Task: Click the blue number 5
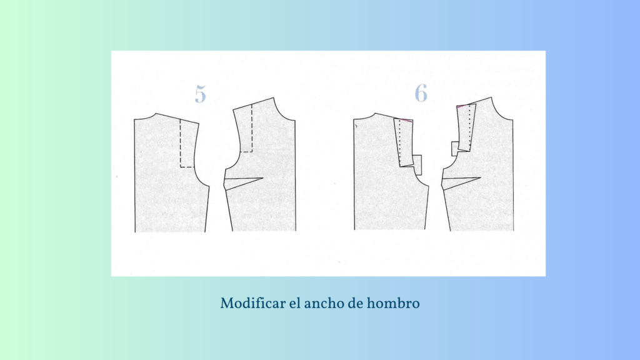click(201, 94)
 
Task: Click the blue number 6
click(421, 93)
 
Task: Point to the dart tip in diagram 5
click(263, 178)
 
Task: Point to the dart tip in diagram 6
click(481, 177)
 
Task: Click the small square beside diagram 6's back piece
click(417, 165)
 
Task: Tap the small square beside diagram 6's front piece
click(455, 149)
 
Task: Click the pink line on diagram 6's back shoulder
click(406, 120)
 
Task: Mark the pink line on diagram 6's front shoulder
click(462, 106)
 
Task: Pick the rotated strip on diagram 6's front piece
click(466, 127)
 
